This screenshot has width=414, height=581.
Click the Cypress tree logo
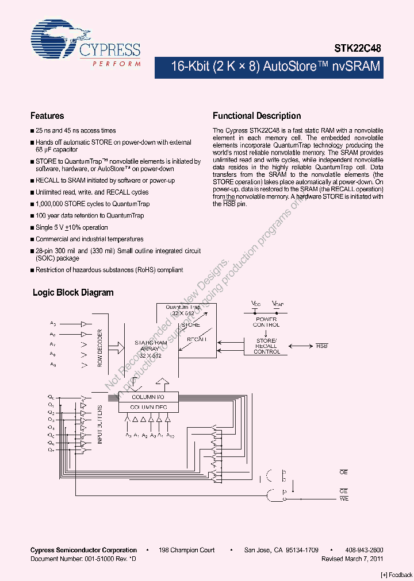[x=54, y=41]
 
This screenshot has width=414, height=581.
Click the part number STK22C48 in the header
[x=358, y=49]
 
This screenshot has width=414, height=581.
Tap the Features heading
[x=47, y=116]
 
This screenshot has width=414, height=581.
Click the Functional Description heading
[x=256, y=116]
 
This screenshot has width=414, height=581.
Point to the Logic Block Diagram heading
[x=73, y=292]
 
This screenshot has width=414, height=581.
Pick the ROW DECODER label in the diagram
[x=100, y=348]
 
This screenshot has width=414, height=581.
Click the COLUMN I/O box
[x=148, y=397]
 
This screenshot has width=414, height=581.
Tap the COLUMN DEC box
[x=148, y=407]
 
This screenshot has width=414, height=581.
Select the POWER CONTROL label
[x=266, y=322]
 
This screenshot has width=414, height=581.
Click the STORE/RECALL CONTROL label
[x=266, y=346]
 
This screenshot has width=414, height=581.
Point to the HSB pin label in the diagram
[x=322, y=346]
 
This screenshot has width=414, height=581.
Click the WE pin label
[x=344, y=499]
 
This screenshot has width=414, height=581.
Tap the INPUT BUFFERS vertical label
[x=100, y=424]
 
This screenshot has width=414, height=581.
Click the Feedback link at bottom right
[x=397, y=575]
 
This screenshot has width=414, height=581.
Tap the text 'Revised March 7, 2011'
[x=352, y=559]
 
